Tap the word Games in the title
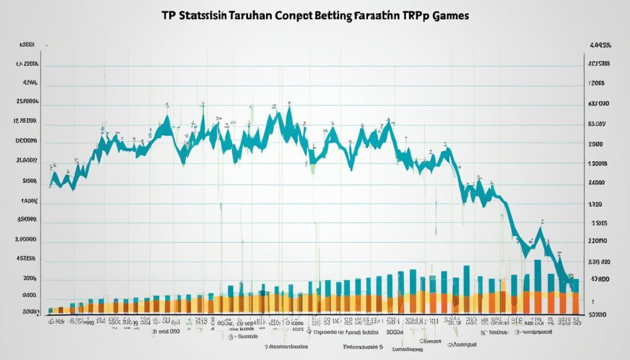pyautogui.click(x=447, y=17)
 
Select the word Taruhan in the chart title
pyautogui.click(x=248, y=17)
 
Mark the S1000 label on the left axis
pyautogui.click(x=30, y=182)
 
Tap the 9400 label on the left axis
pyautogui.click(x=30, y=294)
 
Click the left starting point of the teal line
pyautogui.click(x=49, y=185)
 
